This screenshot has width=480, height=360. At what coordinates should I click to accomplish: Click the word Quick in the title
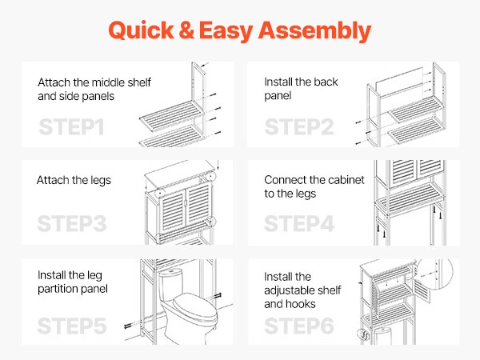point(141,30)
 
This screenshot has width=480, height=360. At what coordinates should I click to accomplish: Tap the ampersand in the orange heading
point(186,30)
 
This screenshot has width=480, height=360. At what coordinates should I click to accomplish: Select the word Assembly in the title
point(314,31)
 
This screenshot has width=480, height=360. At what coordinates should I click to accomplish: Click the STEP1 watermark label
point(71,126)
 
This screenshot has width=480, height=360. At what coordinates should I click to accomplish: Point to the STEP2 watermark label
point(299,126)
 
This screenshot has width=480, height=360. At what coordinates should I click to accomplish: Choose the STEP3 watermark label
point(72,223)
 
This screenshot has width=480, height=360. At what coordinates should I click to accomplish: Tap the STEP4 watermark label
point(299,223)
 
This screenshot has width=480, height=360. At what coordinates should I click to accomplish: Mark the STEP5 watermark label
point(72,326)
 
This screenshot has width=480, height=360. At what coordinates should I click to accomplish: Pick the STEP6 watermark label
point(299,326)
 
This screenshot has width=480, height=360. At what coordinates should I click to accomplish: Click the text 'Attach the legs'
point(74,180)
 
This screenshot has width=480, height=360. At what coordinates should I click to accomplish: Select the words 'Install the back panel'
point(301,89)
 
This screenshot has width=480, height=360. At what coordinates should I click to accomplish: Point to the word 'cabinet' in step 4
point(346,180)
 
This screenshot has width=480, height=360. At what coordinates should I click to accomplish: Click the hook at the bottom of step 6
point(364,335)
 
